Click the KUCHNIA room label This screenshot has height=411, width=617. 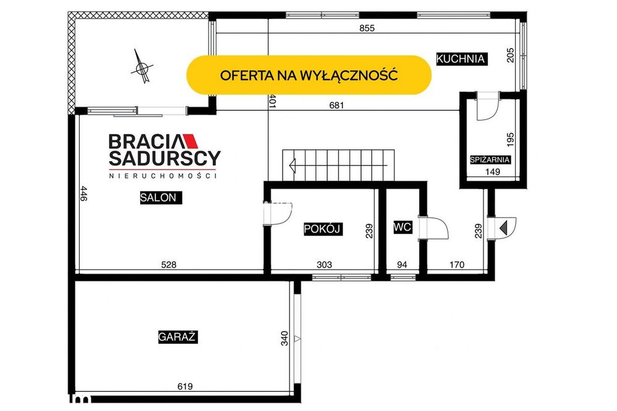[461, 59]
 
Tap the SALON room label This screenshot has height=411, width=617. [160, 197]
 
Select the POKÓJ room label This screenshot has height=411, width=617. [323, 229]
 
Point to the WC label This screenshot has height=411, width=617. [402, 227]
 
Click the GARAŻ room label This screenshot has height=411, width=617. [178, 338]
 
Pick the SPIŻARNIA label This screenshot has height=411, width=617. [491, 160]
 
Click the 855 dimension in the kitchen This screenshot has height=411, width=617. [367, 28]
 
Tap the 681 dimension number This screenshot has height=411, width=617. [336, 105]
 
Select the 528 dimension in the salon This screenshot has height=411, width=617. [169, 265]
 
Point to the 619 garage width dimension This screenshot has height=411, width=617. [185, 386]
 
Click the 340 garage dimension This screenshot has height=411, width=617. [284, 338]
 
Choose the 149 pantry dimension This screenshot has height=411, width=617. [492, 172]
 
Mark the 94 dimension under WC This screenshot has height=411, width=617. [402, 265]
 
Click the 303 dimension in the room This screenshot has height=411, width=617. [325, 265]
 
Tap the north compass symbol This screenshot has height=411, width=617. [142, 67]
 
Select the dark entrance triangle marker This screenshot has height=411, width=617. [503, 228]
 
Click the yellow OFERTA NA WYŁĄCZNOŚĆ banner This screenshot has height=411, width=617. [309, 75]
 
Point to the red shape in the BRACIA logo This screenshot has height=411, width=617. [191, 141]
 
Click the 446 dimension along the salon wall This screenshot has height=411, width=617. [83, 194]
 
